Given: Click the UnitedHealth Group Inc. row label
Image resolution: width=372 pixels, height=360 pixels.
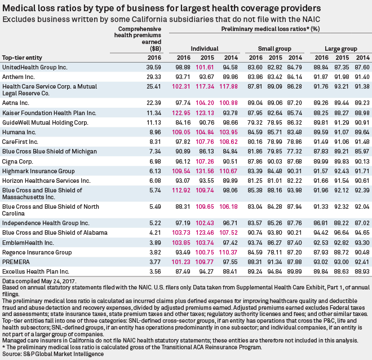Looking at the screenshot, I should (x=35, y=67).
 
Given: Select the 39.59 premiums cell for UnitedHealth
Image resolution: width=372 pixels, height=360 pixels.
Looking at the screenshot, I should (x=138, y=67).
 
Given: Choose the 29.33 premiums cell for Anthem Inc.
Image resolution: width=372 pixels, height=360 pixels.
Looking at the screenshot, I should (x=138, y=76).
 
